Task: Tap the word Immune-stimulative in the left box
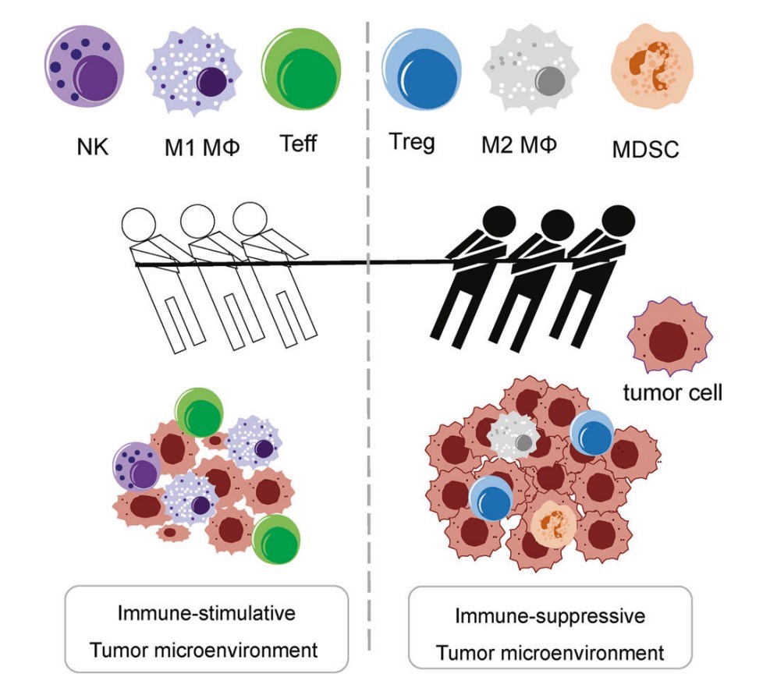207,612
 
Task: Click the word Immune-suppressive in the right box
550,616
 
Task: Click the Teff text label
298,144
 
